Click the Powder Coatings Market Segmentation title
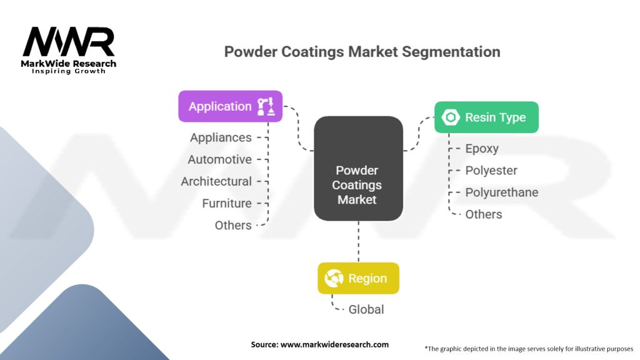point(362,51)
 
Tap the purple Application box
point(230,106)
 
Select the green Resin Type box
point(486,117)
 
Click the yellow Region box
point(358,278)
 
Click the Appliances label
point(221,137)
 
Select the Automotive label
point(219,159)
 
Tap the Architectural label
point(216,181)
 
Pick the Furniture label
point(227,203)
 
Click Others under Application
point(233,225)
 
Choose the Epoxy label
point(482,149)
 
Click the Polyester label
point(491,171)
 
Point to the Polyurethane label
point(501,192)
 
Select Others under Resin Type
point(484,214)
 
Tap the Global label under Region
point(366,309)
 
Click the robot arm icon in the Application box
point(266,106)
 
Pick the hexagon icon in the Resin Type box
point(450,117)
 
